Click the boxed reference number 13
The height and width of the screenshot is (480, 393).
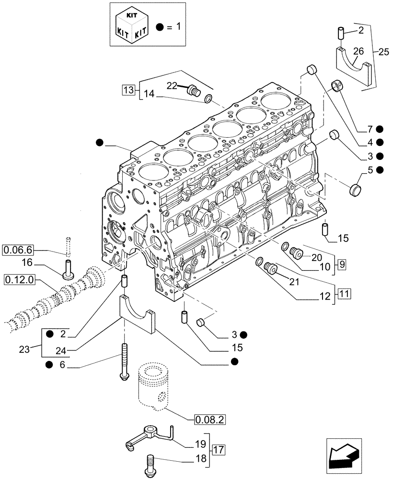click(x=128, y=89)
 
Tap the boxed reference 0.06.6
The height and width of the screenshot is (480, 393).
click(x=18, y=250)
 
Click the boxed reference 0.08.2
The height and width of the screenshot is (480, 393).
click(x=210, y=420)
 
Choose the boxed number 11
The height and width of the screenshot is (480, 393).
click(x=345, y=292)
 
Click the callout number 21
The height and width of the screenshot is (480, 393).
click(x=293, y=282)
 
